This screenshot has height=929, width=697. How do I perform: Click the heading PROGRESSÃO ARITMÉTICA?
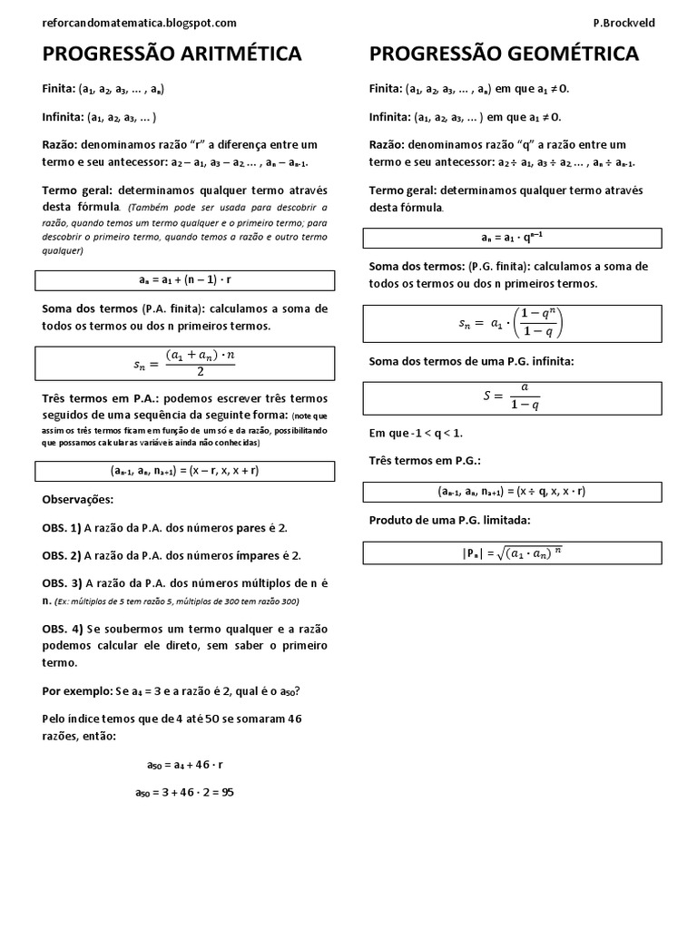172,55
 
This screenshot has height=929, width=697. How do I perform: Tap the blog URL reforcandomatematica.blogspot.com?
140,23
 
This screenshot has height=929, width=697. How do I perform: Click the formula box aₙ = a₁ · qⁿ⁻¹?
513,238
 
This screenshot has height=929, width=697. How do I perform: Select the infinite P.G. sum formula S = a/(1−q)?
513,396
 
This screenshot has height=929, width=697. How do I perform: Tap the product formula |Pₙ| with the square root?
513,553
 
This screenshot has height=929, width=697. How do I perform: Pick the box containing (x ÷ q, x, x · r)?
513,491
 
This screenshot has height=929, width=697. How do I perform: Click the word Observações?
79,500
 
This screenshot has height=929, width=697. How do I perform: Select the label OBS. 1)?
62,528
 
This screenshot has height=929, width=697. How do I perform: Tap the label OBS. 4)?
62,629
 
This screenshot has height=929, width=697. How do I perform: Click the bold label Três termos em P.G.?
425,461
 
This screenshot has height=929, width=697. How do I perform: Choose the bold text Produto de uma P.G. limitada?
449,520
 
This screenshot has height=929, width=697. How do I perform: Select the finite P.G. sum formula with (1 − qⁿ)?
513,323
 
